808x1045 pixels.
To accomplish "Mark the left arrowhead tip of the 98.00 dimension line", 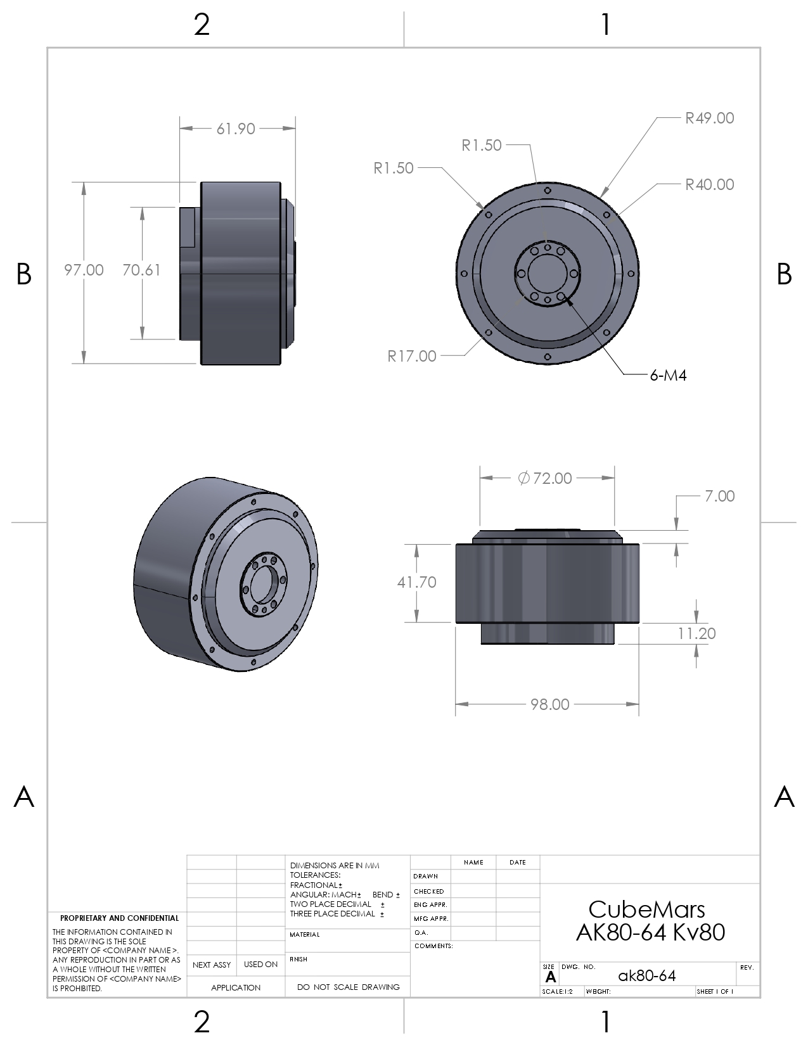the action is [x=455, y=704].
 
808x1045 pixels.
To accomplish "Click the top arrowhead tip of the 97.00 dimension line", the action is [x=84, y=183].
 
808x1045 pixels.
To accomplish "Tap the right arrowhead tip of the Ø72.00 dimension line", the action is [x=615, y=478].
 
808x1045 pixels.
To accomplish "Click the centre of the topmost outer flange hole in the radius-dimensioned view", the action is [x=547, y=191].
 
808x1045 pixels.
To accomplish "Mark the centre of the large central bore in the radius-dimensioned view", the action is [x=547, y=274].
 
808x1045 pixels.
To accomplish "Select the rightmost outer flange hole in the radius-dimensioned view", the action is [x=631, y=274].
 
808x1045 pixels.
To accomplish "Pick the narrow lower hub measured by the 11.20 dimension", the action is [x=548, y=633].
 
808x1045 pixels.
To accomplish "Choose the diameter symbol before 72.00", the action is [x=523, y=478].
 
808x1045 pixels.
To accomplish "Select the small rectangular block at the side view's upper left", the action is [x=187, y=227].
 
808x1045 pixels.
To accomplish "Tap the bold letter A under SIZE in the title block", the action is [x=551, y=977].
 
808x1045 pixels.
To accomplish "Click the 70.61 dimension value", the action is [x=141, y=270].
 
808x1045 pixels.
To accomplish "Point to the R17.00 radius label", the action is [x=412, y=356].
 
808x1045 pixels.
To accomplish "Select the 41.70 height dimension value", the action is [x=417, y=583].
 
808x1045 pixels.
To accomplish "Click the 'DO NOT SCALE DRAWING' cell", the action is [x=348, y=987].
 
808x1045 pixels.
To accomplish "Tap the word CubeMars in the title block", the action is [x=646, y=909].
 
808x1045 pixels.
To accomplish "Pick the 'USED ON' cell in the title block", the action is [x=261, y=964].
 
